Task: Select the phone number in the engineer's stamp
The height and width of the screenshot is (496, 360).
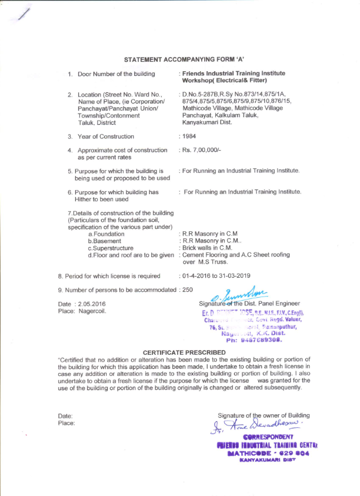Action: click(x=262, y=339)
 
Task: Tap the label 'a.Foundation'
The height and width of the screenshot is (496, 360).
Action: click(x=106, y=234)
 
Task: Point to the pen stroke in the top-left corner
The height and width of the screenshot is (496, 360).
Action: click(x=24, y=16)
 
